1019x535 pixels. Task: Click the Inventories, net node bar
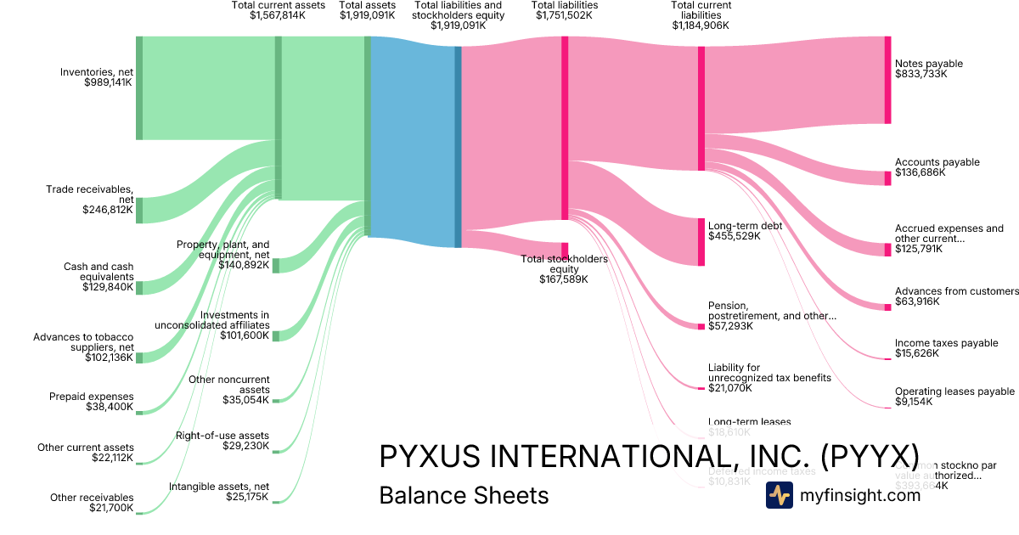[139, 88]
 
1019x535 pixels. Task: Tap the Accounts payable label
[937, 162]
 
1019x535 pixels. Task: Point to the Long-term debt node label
[745, 226]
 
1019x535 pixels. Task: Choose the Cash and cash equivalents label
[98, 272]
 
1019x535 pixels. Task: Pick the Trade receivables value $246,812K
[108, 210]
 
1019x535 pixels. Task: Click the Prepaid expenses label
[91, 397]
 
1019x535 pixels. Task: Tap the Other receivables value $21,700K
[110, 508]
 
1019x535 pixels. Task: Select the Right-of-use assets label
[222, 436]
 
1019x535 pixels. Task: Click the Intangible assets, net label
[219, 487]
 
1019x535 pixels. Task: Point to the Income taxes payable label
[946, 343]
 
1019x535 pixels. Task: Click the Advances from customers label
[956, 291]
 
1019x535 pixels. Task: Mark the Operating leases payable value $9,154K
[914, 402]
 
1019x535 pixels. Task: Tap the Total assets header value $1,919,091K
[367, 15]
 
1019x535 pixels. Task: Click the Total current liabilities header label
[701, 10]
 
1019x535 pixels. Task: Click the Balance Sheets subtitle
[464, 495]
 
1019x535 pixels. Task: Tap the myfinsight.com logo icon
[780, 495]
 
